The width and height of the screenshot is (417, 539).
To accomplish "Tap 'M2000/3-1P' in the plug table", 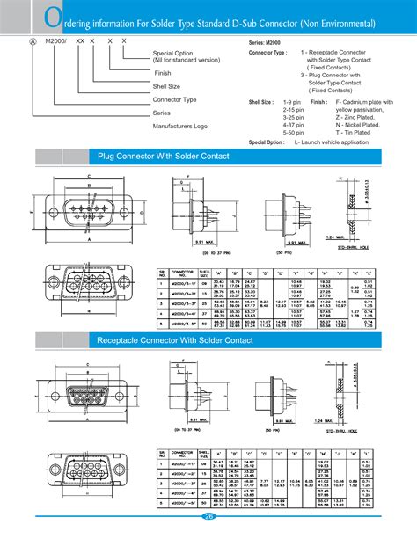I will [x=181, y=283].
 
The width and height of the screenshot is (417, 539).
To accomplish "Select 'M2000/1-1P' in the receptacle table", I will [x=181, y=463].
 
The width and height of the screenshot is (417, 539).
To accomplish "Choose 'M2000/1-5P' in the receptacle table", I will [x=181, y=504].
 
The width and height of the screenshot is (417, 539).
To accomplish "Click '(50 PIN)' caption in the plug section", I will [x=284, y=252].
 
